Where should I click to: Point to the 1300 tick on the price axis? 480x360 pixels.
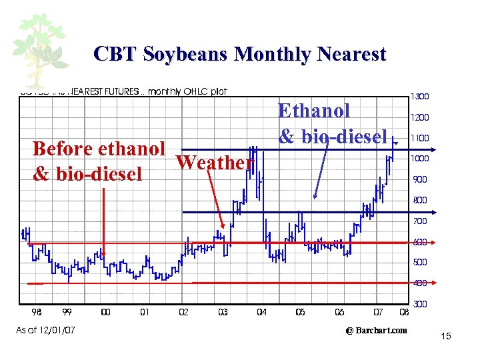(x=419, y=97)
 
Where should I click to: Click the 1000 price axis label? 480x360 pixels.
(x=419, y=159)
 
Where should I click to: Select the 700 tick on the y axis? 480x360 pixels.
(x=419, y=221)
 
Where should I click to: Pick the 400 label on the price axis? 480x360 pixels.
(x=419, y=283)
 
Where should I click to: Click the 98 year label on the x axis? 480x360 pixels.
(x=37, y=312)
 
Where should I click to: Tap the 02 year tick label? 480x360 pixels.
(x=183, y=312)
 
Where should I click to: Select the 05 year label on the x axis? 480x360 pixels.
(x=300, y=312)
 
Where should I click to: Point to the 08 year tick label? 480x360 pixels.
(x=403, y=312)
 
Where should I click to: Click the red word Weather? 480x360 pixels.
(x=215, y=163)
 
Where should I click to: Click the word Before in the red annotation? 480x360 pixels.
(x=64, y=148)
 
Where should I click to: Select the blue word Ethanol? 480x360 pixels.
(x=313, y=111)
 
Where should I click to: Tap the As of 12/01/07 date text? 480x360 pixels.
(x=46, y=330)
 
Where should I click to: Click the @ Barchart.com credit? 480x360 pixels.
(x=376, y=330)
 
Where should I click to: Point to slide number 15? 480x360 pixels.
(x=446, y=336)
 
